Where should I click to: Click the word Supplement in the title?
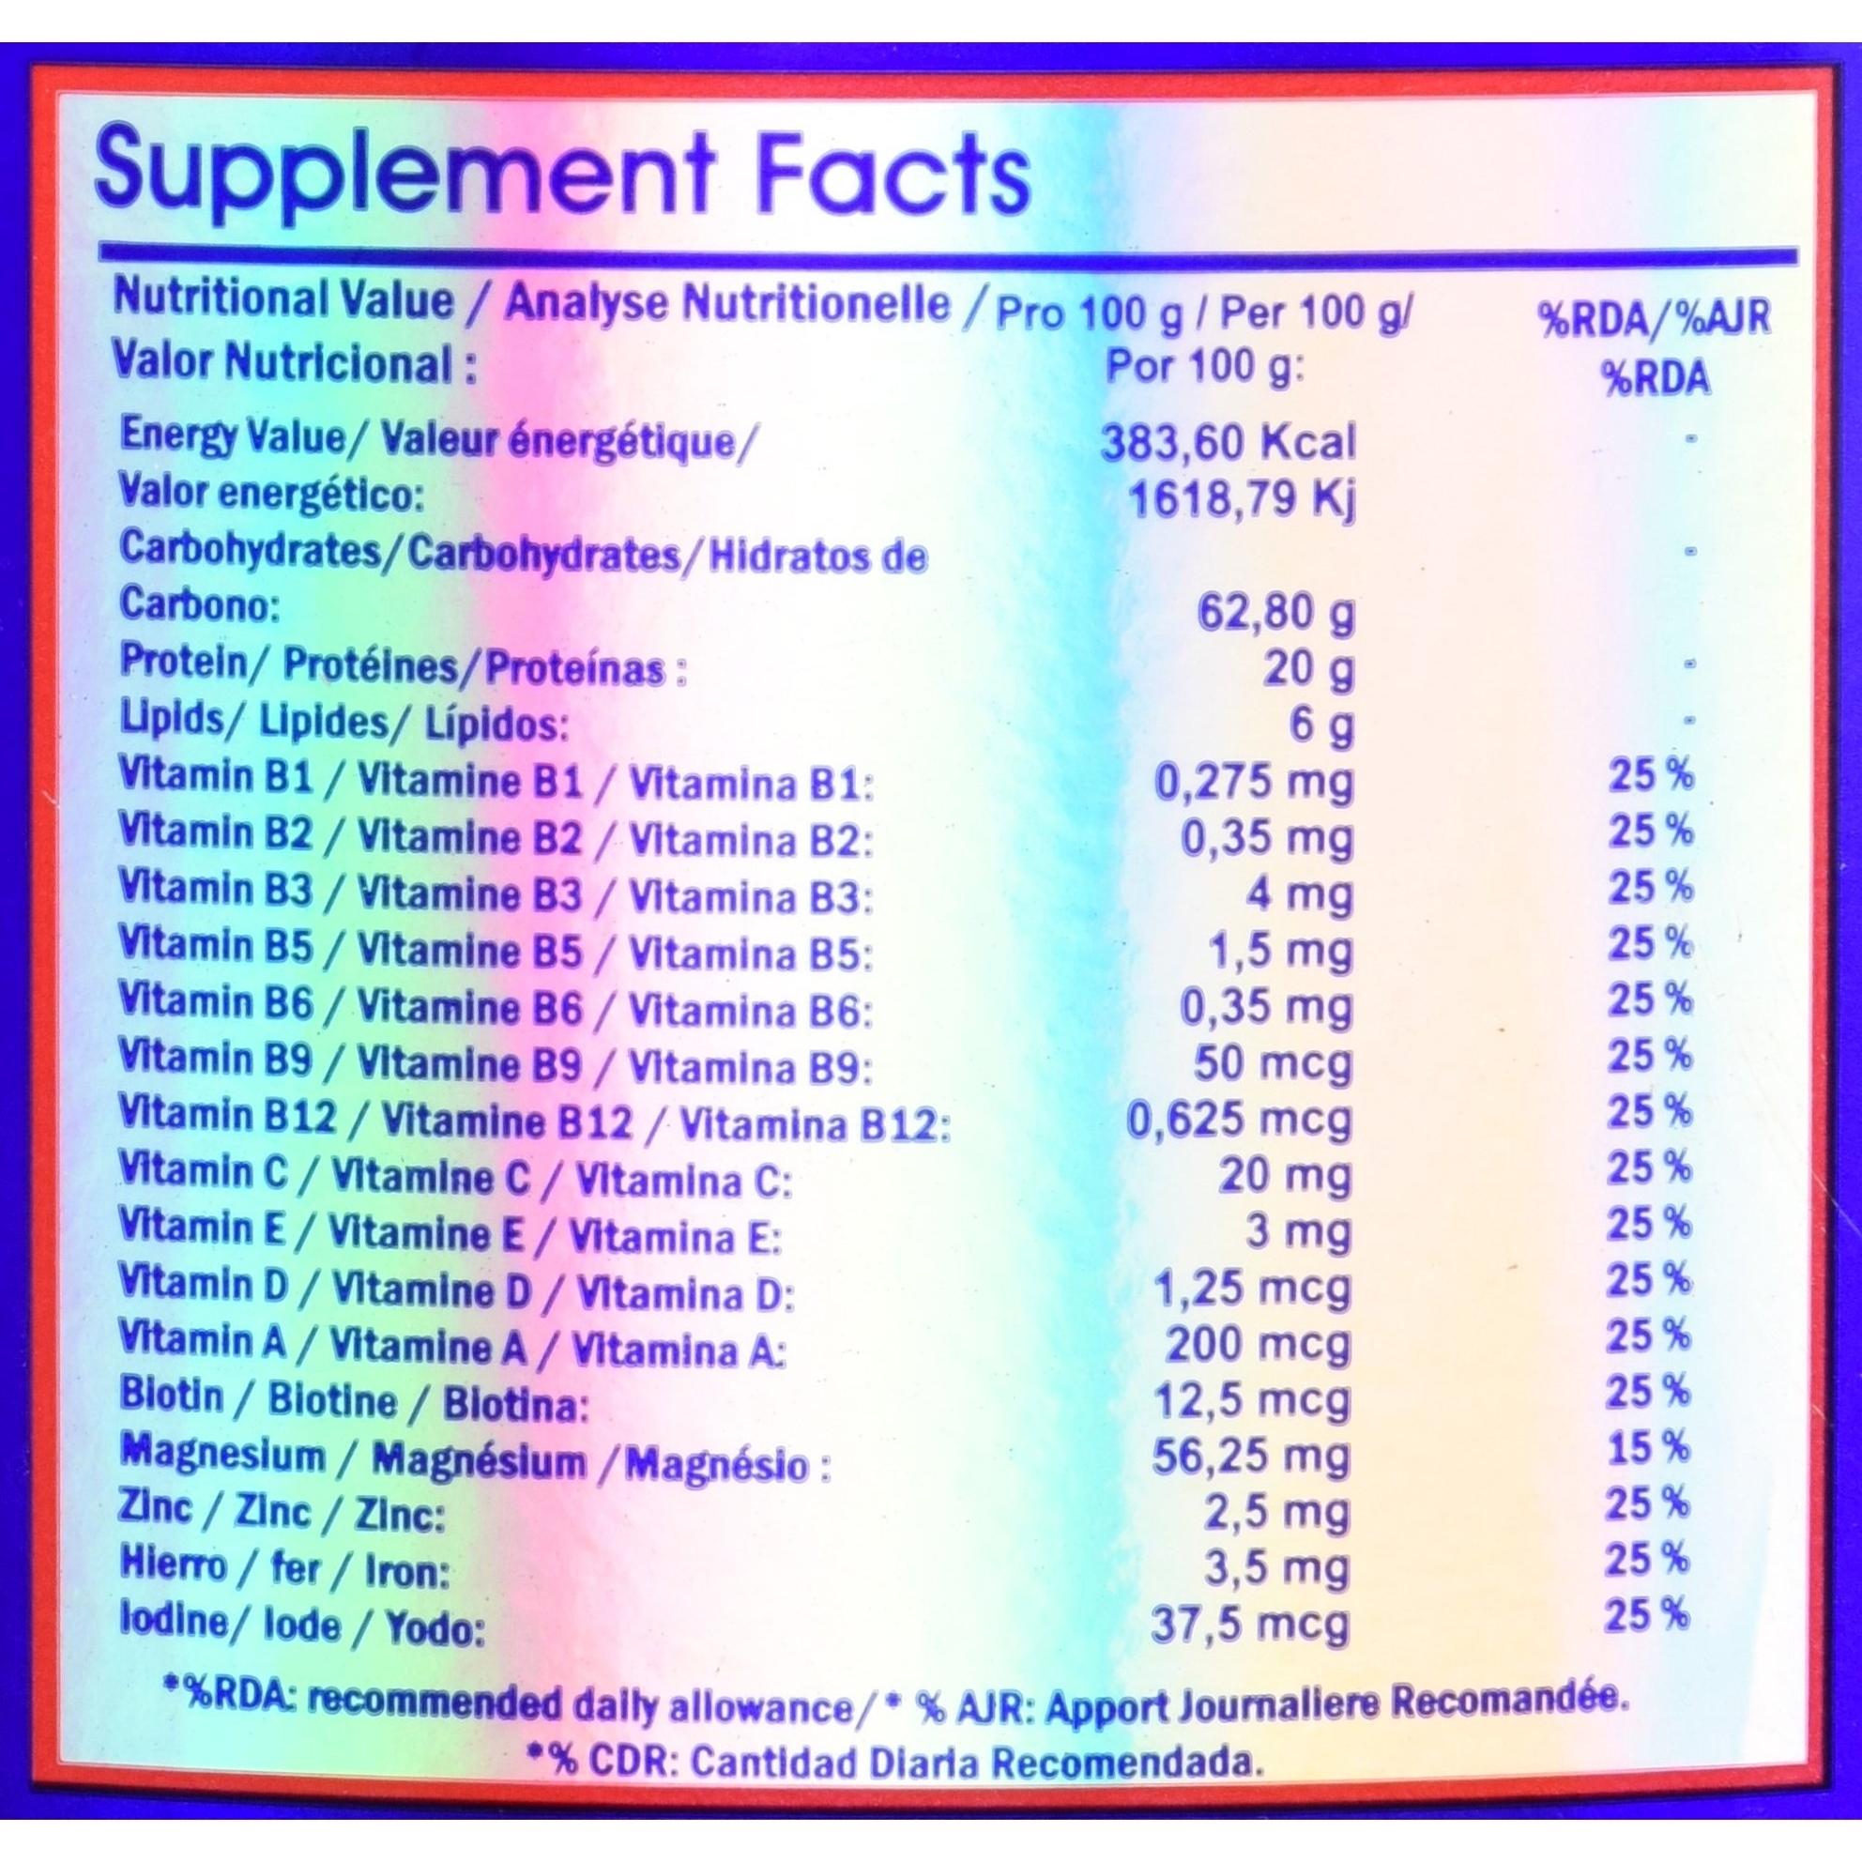400,172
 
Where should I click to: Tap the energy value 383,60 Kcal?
1228,441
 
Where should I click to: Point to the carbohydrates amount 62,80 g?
1275,613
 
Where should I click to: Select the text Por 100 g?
1204,368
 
